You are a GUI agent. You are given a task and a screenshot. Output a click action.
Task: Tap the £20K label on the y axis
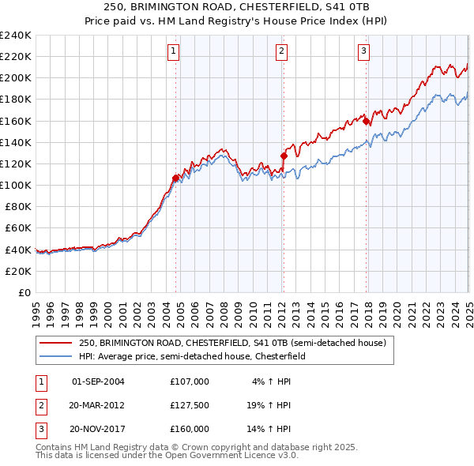[x=18, y=271]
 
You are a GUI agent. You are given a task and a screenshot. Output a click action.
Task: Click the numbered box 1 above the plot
[x=173, y=52]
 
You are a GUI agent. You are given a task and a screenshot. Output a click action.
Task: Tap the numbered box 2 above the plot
[x=281, y=52]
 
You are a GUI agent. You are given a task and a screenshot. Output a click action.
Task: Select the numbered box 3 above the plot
[x=364, y=52]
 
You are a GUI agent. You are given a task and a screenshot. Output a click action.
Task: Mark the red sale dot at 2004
[x=175, y=179]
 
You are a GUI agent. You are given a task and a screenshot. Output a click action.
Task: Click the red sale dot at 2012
[x=284, y=156]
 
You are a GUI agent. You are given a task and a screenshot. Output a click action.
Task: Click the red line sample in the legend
[x=55, y=344]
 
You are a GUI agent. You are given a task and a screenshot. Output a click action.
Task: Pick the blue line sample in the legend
[x=55, y=357]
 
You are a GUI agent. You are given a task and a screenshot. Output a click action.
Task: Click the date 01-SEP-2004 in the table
[x=98, y=381]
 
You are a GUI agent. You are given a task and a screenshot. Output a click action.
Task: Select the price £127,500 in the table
[x=190, y=405]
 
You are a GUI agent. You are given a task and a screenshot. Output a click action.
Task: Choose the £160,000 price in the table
[x=190, y=429]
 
